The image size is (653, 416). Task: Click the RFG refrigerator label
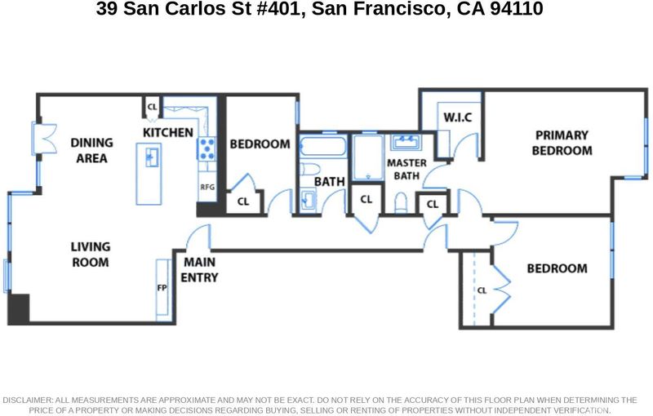click(x=207, y=188)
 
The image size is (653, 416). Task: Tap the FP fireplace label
click(x=162, y=288)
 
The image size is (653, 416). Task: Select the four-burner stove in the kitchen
click(x=207, y=148)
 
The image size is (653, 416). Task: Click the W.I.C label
click(x=458, y=117)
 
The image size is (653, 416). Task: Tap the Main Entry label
click(x=199, y=270)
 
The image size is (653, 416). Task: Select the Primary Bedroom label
click(x=562, y=143)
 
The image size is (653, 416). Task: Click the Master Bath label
click(x=406, y=170)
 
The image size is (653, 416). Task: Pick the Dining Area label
click(x=91, y=150)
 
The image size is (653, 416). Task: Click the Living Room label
click(x=91, y=254)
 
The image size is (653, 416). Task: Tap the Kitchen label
click(x=168, y=133)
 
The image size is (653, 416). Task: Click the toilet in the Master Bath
click(x=401, y=202)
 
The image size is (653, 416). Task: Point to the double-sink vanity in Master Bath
click(x=406, y=143)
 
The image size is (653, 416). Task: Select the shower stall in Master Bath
click(x=368, y=157)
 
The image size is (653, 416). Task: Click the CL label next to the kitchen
click(x=153, y=107)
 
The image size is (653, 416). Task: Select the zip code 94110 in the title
click(x=517, y=9)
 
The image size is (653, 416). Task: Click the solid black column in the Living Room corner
click(x=19, y=309)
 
